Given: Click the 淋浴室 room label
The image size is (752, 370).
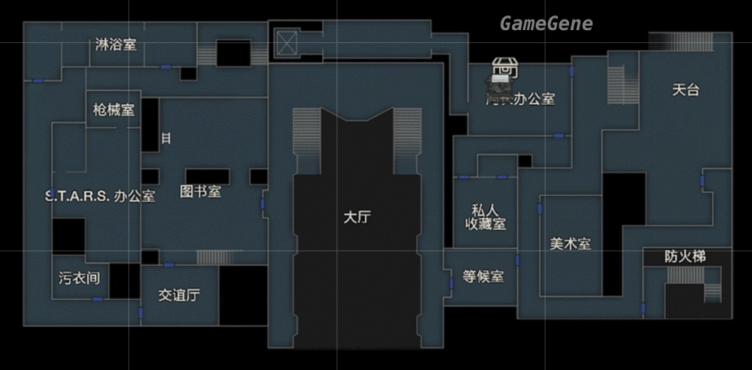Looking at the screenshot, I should (x=115, y=45).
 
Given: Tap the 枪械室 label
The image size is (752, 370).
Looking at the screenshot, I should (x=114, y=110).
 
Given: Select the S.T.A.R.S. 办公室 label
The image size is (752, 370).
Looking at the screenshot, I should (x=99, y=195).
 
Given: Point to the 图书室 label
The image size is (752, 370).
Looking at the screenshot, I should (x=200, y=192).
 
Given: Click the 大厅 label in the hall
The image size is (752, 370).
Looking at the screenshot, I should (x=357, y=217).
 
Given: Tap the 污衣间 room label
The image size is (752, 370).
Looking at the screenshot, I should (x=79, y=278).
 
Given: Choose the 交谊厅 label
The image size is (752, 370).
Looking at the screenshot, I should (x=179, y=295).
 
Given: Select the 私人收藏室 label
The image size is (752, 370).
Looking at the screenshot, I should (x=485, y=216).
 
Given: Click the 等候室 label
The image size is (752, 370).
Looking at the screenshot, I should (x=483, y=276).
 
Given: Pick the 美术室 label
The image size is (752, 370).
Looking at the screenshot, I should (x=570, y=243).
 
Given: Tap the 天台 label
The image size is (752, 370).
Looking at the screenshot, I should (x=685, y=90).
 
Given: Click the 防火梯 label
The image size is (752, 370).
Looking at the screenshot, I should (x=685, y=257).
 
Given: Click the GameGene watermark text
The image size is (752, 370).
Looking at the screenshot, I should (x=546, y=24).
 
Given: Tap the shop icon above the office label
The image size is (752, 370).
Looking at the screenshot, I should (x=504, y=72).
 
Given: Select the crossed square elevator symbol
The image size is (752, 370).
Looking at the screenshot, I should (x=287, y=43).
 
